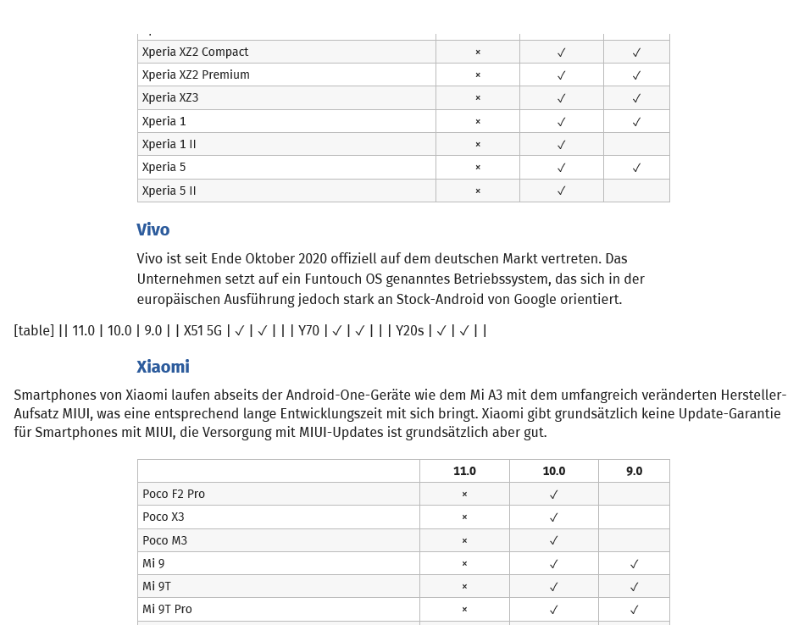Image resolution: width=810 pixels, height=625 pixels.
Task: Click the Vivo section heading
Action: coord(153,230)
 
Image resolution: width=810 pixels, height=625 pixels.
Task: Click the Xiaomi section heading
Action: coord(163,367)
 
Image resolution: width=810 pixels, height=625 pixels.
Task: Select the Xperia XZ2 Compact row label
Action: coord(195,52)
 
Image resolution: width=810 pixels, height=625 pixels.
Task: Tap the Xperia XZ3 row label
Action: coord(170,97)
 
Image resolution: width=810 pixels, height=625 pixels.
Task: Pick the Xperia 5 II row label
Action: coord(169,191)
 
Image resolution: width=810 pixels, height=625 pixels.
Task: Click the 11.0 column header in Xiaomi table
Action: coord(464,471)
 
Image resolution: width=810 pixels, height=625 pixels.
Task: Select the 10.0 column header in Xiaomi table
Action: coord(553,471)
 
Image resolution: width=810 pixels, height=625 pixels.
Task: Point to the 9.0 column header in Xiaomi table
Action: coord(634,471)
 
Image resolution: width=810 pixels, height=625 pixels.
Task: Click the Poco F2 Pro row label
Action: coord(174,494)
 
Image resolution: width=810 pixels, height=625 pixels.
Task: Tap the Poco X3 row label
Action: coord(163,517)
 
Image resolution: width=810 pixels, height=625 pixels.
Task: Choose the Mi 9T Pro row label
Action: coord(167,609)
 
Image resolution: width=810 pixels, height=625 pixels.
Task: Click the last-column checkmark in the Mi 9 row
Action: coord(634,563)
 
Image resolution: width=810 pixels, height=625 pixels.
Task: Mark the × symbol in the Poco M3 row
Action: coord(464,540)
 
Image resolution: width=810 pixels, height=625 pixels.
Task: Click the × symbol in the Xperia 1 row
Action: coord(478,121)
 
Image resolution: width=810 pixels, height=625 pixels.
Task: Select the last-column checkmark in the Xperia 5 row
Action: coord(636,168)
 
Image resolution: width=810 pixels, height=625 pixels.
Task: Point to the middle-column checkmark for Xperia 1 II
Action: coord(561,144)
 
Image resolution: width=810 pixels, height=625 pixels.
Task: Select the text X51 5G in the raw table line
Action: coord(202,330)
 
